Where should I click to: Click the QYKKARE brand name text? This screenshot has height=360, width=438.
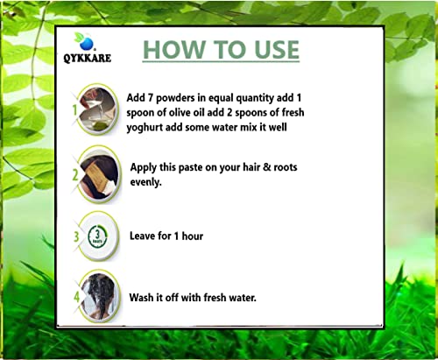point(88,58)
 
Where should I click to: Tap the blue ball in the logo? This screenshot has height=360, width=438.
point(87,44)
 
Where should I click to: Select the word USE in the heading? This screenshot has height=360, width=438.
point(276,49)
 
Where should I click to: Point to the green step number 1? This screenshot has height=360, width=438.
point(75,110)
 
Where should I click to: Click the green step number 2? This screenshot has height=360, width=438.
point(75,175)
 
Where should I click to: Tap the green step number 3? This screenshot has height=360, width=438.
point(76,236)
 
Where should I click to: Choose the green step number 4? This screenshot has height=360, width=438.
point(76,297)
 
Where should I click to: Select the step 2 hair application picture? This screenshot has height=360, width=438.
point(100,176)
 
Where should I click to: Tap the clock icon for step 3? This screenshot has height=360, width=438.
point(97,236)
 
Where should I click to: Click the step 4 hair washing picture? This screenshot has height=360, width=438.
point(100,296)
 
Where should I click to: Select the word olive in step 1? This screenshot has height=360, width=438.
point(180,112)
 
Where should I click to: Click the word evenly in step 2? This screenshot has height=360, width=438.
point(145,182)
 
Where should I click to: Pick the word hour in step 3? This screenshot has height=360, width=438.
point(193,236)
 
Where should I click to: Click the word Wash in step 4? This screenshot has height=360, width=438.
point(141,298)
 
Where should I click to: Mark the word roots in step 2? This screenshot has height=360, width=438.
point(286,167)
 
